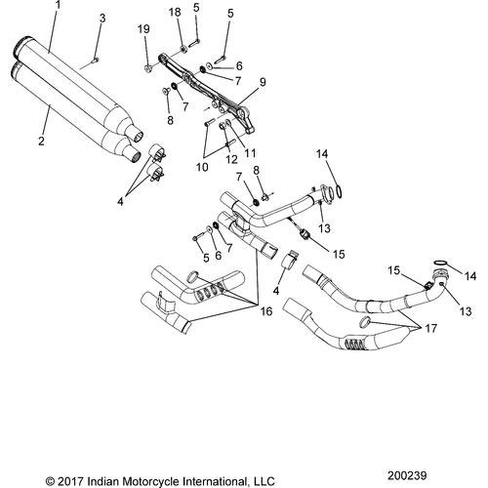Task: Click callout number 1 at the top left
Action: click(x=58, y=6)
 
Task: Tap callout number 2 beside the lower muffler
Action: click(x=41, y=142)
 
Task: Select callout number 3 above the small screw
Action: click(x=102, y=19)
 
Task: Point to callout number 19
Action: click(x=143, y=29)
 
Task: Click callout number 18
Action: click(x=175, y=13)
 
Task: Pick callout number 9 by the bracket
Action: click(x=263, y=82)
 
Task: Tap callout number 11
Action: click(x=250, y=153)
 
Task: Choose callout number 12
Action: click(x=232, y=159)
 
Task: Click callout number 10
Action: click(x=202, y=167)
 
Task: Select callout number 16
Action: click(x=266, y=311)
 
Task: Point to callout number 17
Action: click(x=431, y=328)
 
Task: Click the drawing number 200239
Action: click(x=407, y=475)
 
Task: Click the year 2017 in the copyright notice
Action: click(x=71, y=481)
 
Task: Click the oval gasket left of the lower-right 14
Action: click(x=440, y=263)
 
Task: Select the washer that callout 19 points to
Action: click(x=148, y=68)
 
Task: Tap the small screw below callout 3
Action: click(x=96, y=60)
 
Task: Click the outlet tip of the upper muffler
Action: click(x=138, y=136)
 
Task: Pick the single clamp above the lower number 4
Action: click(x=289, y=260)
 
